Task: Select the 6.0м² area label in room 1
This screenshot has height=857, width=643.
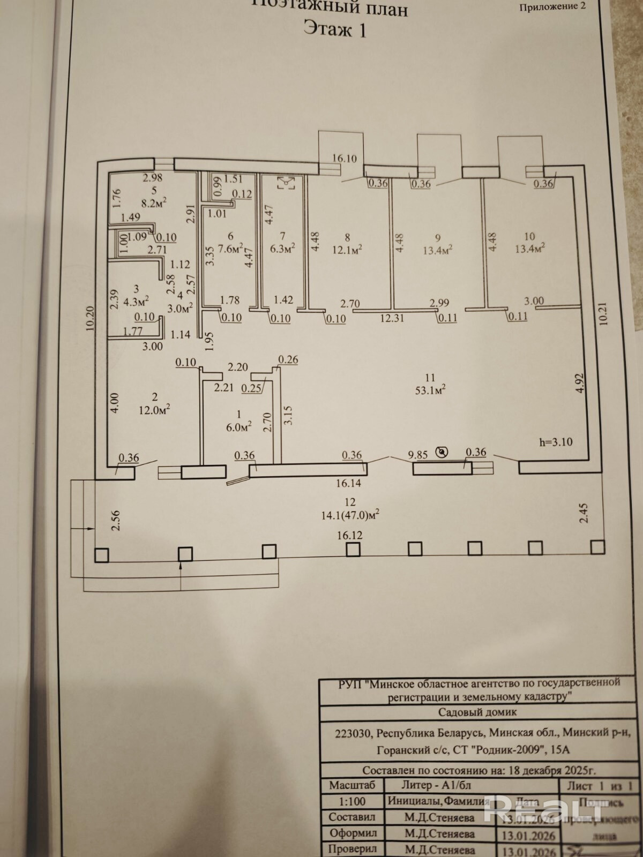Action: (x=239, y=427)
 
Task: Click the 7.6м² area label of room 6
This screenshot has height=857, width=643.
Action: (x=231, y=249)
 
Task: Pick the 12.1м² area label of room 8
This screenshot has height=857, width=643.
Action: (x=347, y=249)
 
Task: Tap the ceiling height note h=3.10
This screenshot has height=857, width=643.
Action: (x=556, y=442)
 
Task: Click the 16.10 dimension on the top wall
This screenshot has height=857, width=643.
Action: (x=344, y=158)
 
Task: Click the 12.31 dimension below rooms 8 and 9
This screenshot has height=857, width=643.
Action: (x=392, y=318)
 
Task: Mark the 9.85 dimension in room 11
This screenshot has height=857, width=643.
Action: (x=417, y=455)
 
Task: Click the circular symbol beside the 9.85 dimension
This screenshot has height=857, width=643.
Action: (x=442, y=453)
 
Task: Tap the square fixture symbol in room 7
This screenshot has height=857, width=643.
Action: (x=287, y=183)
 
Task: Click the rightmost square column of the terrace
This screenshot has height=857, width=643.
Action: (x=597, y=547)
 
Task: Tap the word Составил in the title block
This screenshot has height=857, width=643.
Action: (x=352, y=817)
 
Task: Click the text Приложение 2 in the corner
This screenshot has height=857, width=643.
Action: (x=552, y=7)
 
